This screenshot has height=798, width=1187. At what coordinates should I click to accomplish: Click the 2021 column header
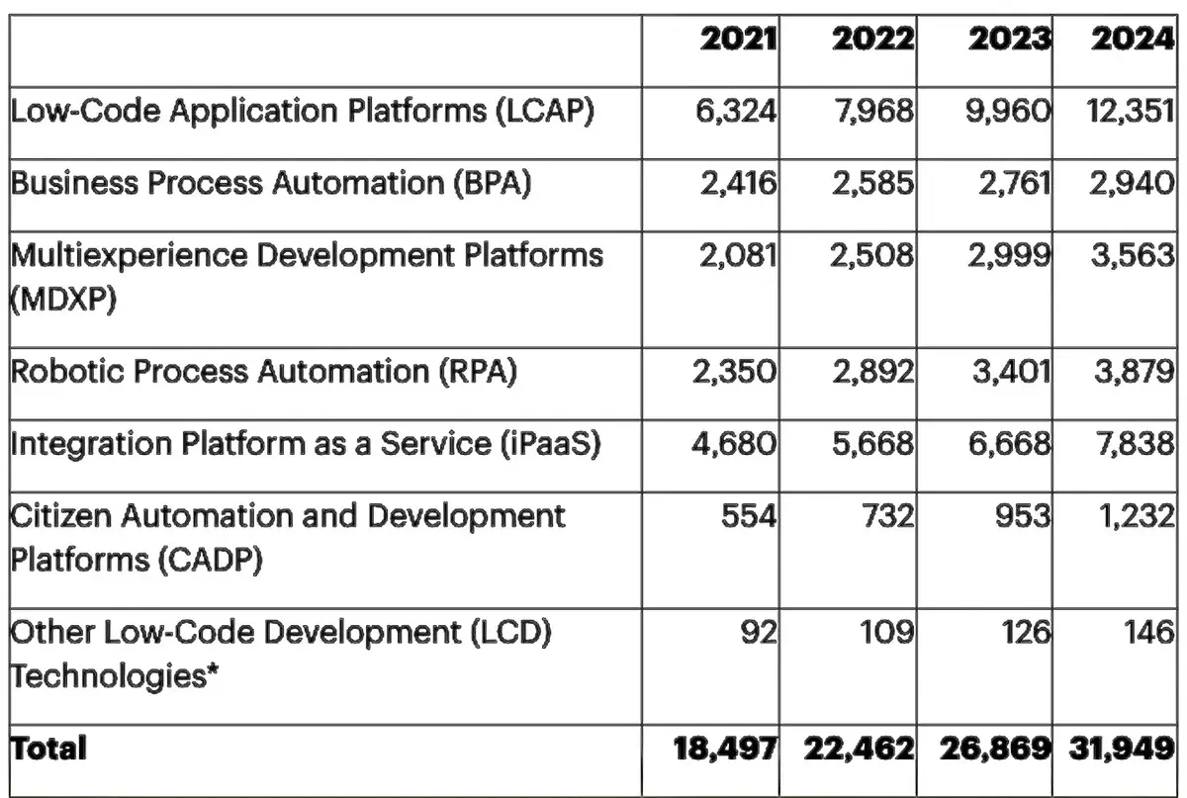[738, 41]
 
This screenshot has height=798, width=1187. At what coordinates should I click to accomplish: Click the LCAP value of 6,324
[736, 112]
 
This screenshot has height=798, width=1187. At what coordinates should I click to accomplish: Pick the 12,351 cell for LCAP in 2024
[1125, 112]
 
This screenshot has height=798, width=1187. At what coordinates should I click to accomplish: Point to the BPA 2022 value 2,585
[872, 184]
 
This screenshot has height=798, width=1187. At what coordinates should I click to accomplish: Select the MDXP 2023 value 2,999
[1010, 256]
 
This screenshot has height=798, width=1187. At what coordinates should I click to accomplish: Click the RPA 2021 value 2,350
[736, 373]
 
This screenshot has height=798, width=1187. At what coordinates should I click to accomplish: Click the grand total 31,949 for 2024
[1121, 748]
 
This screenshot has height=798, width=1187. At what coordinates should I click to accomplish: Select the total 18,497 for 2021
[724, 748]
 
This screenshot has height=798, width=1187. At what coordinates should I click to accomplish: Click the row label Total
[48, 748]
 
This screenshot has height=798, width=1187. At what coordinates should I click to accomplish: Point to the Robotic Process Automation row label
[263, 373]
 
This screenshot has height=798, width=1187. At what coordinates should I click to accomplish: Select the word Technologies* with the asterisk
[115, 676]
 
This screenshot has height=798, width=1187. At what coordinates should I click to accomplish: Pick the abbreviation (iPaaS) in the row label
[547, 445]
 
